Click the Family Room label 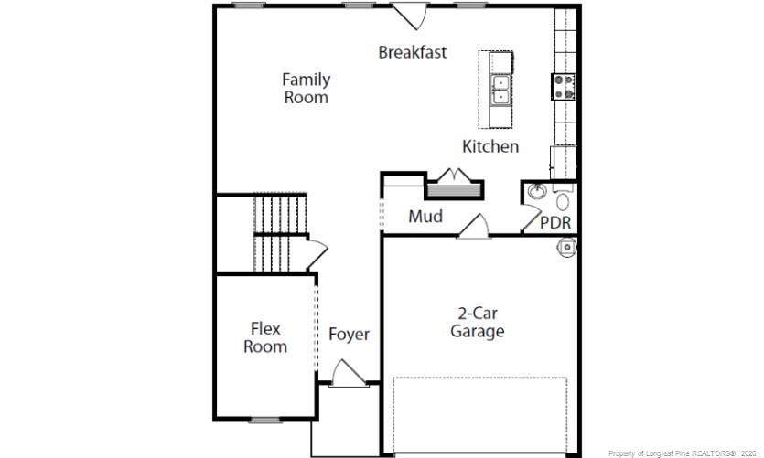pos(307,88)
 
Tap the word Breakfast pos(413,52)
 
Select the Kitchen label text pos(490,146)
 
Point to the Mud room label pos(425,216)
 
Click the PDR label pos(555,222)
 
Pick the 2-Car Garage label pos(477,322)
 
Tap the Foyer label pos(349,335)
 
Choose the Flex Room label pos(265,337)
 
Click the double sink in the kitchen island pos(500,90)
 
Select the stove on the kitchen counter pos(564,87)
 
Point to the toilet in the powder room pos(563,197)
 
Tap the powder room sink pos(536,191)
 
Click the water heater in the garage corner pos(566,247)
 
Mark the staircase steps pos(280,232)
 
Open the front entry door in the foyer pos(348,373)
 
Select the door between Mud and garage pos(474,227)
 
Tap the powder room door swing pos(531,218)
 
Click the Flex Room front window pos(266,420)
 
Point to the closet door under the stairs pos(317,254)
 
